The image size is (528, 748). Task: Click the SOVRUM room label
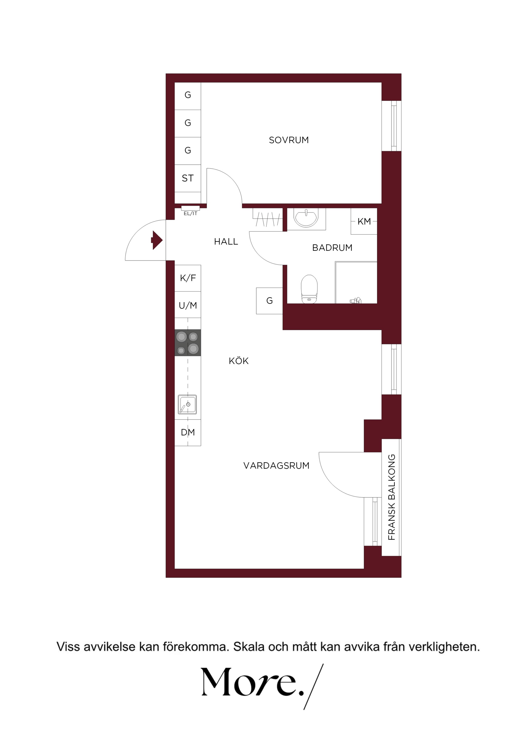[288, 140]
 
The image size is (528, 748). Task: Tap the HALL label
[226, 241]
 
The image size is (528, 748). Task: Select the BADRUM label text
[332, 248]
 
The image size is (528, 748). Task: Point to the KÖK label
[238, 361]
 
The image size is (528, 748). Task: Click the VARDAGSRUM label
[276, 466]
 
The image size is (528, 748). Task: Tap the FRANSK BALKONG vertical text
[392, 497]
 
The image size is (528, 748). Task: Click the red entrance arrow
[157, 240]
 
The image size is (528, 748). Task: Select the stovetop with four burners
[188, 343]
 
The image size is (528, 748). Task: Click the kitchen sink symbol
[187, 404]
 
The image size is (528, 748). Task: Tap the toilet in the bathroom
[309, 289]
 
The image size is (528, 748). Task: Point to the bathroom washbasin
[306, 218]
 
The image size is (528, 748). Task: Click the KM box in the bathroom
[364, 221]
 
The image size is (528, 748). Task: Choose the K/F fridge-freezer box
[188, 278]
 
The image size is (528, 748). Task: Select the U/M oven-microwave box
[188, 305]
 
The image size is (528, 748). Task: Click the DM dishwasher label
[188, 432]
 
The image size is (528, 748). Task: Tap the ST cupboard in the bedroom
[188, 178]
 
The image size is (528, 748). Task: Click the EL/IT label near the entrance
[190, 213]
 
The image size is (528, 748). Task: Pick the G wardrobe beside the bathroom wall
[269, 301]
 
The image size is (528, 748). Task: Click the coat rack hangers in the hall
[268, 219]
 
